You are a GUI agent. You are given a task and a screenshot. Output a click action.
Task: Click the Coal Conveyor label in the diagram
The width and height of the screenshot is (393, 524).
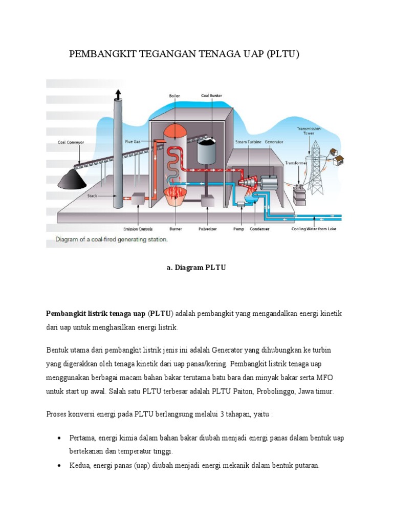pos(71,143)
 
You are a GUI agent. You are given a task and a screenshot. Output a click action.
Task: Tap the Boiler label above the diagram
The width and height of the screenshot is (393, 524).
pos(174,96)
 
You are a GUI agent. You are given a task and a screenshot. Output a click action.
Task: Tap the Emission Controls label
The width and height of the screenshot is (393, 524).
pos(138,229)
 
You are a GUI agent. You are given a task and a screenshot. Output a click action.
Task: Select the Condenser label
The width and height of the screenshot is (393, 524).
pos(259,229)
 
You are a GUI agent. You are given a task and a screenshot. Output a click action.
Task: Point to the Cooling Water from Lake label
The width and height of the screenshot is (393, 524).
pos(316,229)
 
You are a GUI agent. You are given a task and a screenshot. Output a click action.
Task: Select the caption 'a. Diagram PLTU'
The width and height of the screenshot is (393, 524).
pos(196,267)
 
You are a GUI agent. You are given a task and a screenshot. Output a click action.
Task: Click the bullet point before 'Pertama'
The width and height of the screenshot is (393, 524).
pos(60,439)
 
